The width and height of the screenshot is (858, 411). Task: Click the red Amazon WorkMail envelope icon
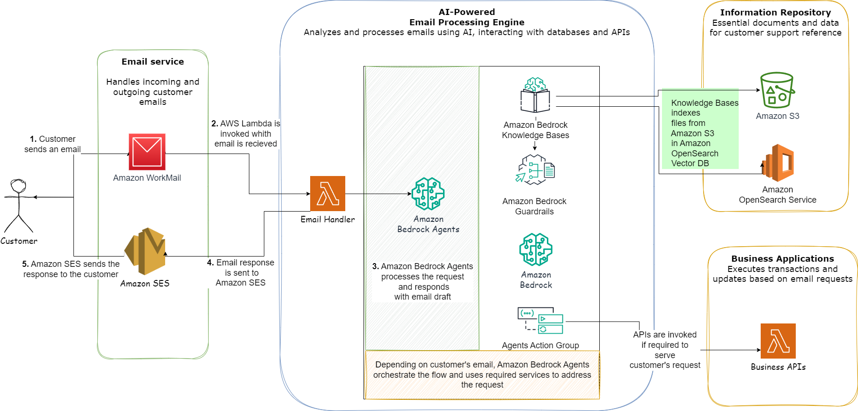click(x=147, y=152)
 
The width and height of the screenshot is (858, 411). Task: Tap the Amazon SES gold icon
click(x=145, y=251)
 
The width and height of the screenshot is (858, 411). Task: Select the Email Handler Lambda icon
click(x=327, y=193)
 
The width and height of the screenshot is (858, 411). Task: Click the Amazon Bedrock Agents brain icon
click(x=428, y=194)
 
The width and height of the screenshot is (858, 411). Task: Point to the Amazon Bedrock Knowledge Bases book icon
click(x=535, y=95)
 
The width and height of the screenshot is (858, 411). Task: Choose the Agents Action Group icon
click(x=540, y=321)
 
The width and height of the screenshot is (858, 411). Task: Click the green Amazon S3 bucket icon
click(x=777, y=90)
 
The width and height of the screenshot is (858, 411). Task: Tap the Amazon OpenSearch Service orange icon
click(x=778, y=163)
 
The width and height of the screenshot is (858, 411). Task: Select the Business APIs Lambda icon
click(x=778, y=341)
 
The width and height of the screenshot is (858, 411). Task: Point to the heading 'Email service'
click(x=153, y=62)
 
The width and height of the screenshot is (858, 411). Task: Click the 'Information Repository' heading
click(x=775, y=13)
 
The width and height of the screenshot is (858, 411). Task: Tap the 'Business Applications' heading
click(x=782, y=259)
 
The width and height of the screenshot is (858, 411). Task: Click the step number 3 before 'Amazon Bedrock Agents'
click(x=375, y=266)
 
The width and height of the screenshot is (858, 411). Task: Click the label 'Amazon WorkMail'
click(x=147, y=178)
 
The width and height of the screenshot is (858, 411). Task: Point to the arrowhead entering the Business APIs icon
click(x=758, y=350)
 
